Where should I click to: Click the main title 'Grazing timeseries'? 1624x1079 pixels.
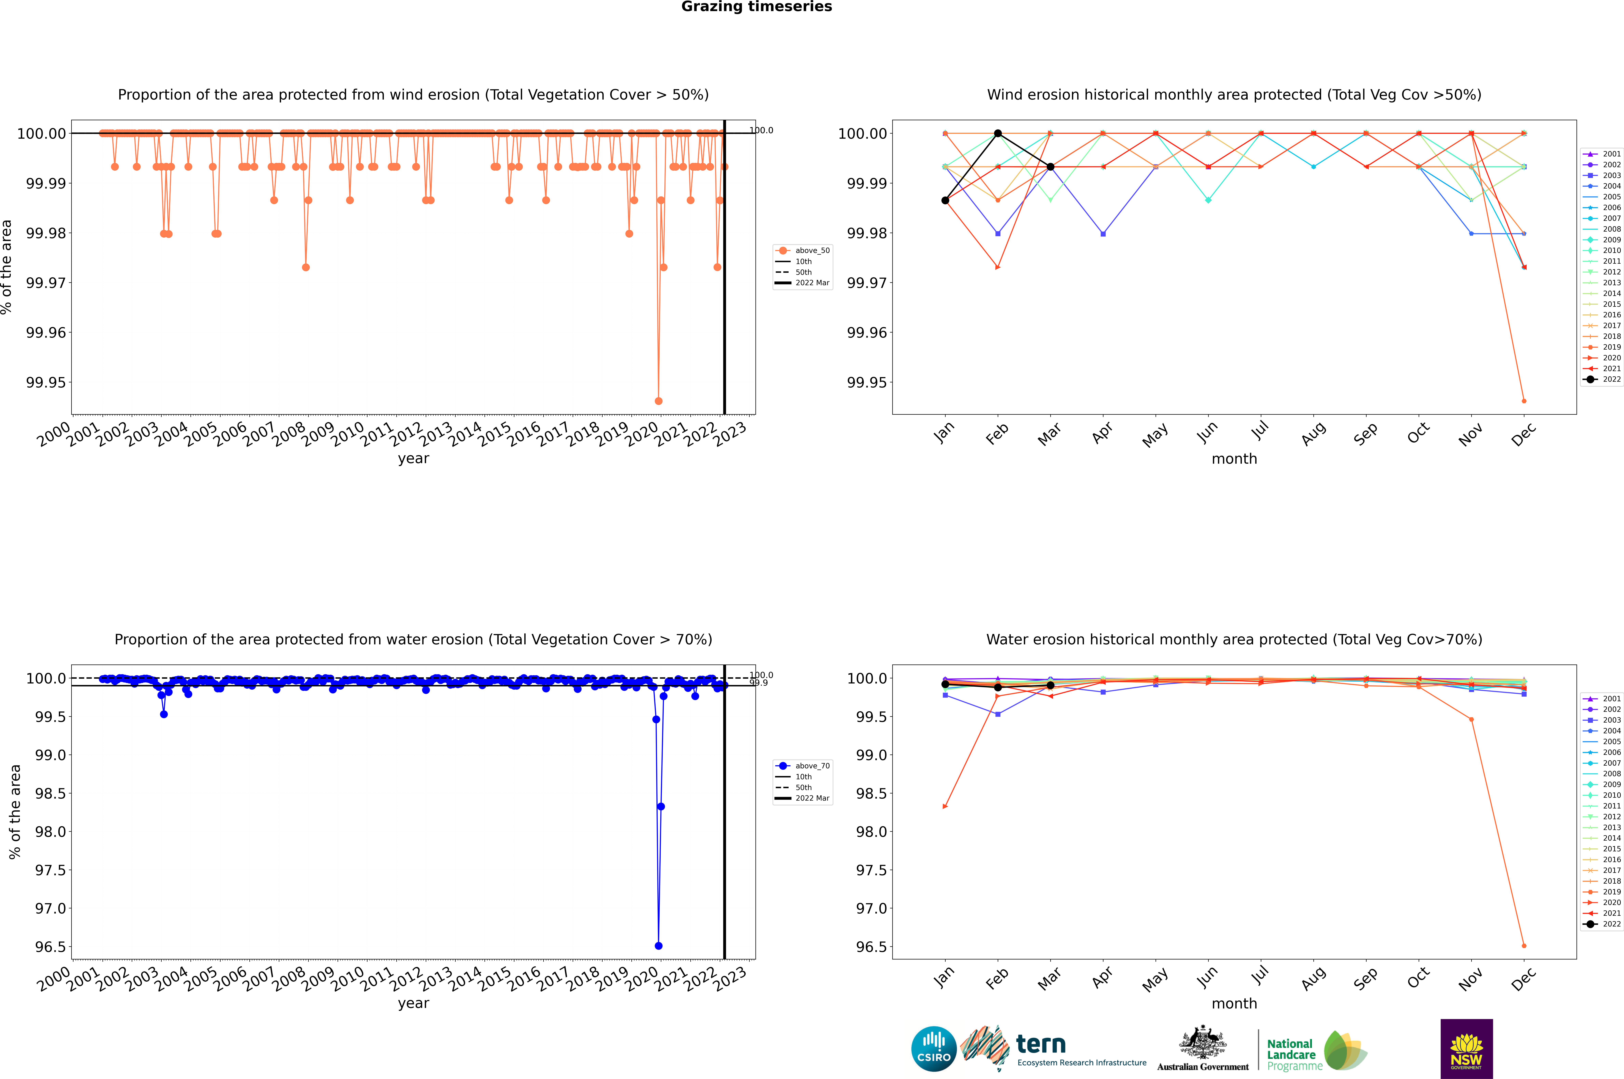(x=757, y=7)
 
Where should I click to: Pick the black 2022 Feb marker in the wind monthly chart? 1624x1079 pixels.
(x=998, y=134)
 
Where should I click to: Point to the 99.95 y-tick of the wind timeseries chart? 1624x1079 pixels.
(x=46, y=383)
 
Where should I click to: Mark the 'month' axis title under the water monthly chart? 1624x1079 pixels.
(x=1234, y=1003)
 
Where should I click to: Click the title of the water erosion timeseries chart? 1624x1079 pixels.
(x=413, y=639)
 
